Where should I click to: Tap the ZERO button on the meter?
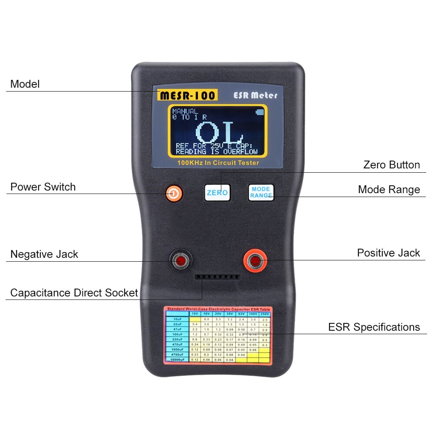pos(217,192)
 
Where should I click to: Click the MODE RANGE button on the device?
pos(261,192)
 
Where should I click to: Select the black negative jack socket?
pos(180,260)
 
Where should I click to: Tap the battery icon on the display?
pos(260,112)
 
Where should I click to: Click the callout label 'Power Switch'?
pos(43,187)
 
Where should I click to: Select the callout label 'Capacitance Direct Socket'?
pos(74,293)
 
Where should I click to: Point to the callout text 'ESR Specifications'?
pos(374,327)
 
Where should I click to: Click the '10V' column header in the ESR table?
pos(194,314)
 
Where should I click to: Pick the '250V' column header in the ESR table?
pos(264,314)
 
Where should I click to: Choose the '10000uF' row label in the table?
pos(176,359)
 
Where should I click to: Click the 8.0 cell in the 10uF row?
pos(207,319)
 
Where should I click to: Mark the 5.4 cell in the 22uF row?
pos(194,324)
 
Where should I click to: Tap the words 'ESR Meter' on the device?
pos(255,95)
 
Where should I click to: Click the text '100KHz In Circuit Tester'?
pos(218,163)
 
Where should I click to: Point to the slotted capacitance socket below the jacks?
pos(217,276)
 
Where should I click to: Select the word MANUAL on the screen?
pos(185,112)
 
